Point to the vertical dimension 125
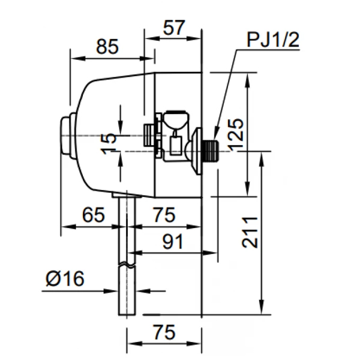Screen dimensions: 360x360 (x=235, y=133)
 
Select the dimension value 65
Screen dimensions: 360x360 (x=92, y=215)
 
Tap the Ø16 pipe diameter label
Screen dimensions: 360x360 (x=65, y=279)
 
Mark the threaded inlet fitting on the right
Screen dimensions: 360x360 (x=209, y=151)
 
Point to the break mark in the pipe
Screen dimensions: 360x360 (x=127, y=264)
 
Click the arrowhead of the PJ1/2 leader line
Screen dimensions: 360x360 (x=216, y=134)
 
